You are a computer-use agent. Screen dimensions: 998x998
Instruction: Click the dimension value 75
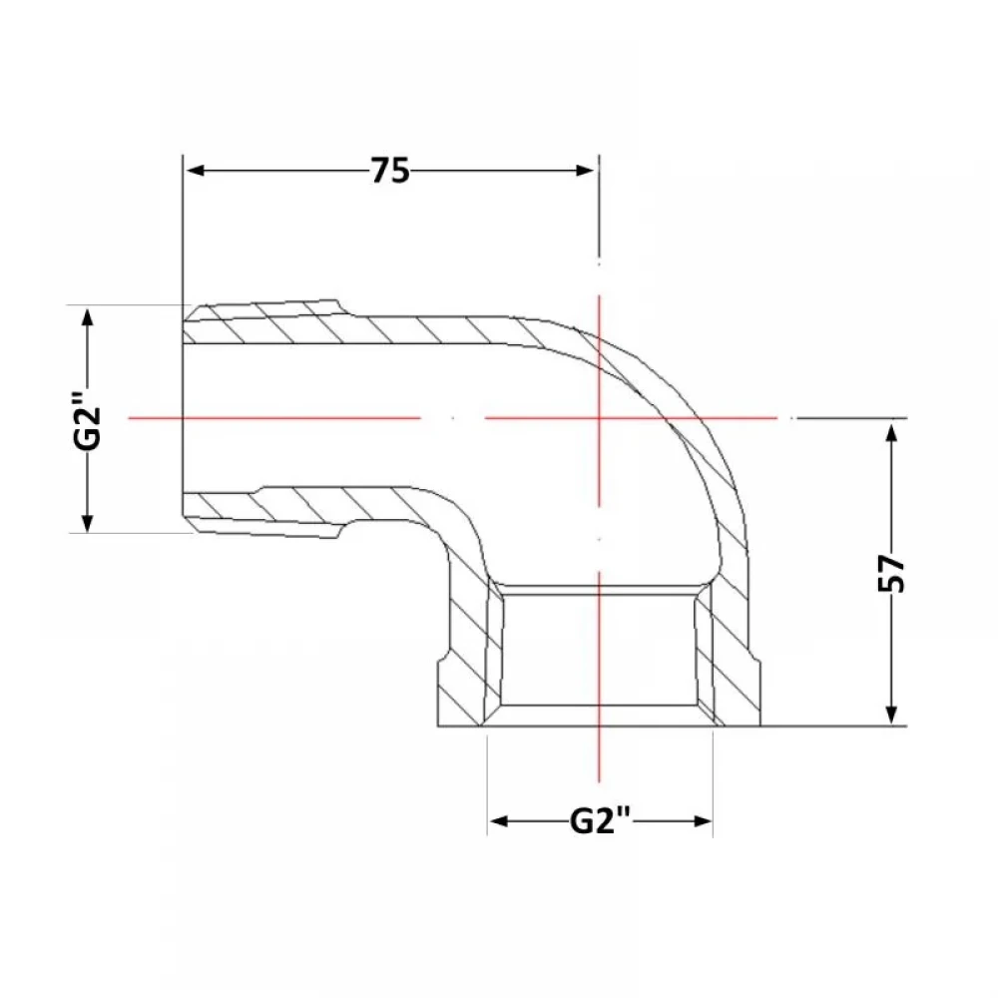(x=390, y=171)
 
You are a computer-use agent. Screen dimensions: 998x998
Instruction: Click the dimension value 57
(x=891, y=573)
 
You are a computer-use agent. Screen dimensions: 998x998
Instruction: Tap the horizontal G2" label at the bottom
(x=600, y=820)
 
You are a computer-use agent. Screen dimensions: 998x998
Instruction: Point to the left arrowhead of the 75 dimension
(x=196, y=171)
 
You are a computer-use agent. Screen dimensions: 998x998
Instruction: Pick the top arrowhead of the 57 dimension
(x=891, y=433)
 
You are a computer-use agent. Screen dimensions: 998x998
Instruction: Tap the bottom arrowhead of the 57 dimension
(x=891, y=715)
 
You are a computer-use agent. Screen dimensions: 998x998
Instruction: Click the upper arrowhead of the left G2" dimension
(x=88, y=317)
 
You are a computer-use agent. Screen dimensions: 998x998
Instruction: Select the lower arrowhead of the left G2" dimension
(x=88, y=523)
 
